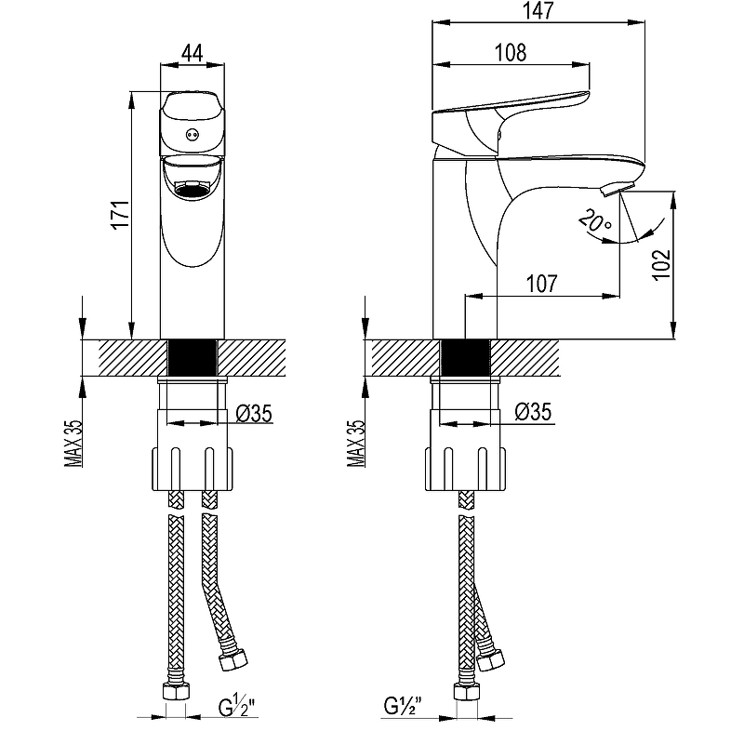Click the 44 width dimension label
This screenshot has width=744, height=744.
click(x=193, y=53)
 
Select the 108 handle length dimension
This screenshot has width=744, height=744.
click(x=510, y=53)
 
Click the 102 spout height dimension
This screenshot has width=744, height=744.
click(x=662, y=265)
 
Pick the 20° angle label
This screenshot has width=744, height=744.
click(x=594, y=222)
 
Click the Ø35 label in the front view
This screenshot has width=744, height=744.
click(x=253, y=414)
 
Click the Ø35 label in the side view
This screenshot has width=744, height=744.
click(x=533, y=414)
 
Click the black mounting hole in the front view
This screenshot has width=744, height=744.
click(x=193, y=357)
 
